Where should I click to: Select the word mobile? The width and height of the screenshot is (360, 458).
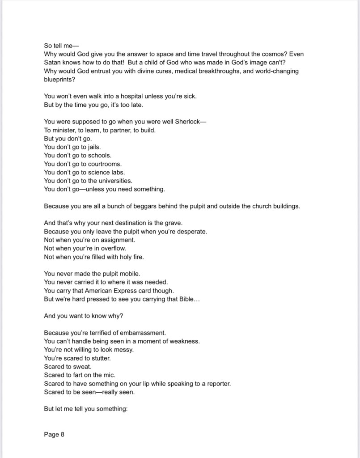(130, 274)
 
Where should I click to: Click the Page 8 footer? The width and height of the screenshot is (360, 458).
(54, 434)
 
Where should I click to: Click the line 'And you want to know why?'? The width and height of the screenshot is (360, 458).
(84, 316)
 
